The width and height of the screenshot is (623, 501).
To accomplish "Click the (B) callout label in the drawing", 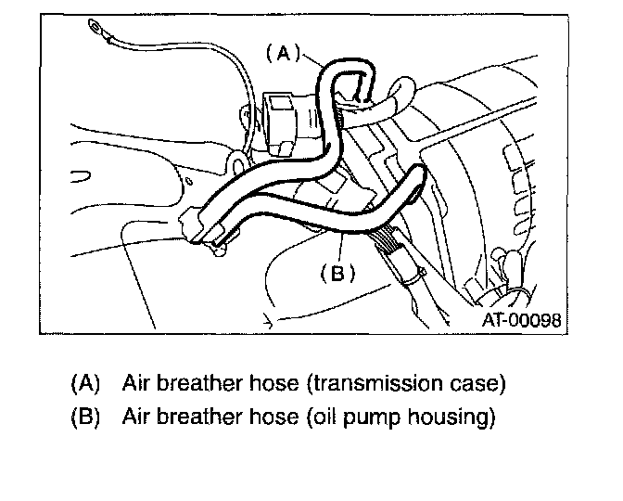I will point(338,273).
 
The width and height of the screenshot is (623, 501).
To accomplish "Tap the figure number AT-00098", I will point(520,320).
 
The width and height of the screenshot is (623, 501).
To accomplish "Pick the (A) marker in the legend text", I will point(83,383).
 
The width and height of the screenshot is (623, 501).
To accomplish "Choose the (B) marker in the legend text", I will point(83,417).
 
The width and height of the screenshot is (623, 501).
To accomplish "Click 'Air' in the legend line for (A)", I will point(135,383).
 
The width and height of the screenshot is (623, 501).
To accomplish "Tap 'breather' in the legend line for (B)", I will point(197,417).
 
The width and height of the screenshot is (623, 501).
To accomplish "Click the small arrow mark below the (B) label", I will point(266,322).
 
